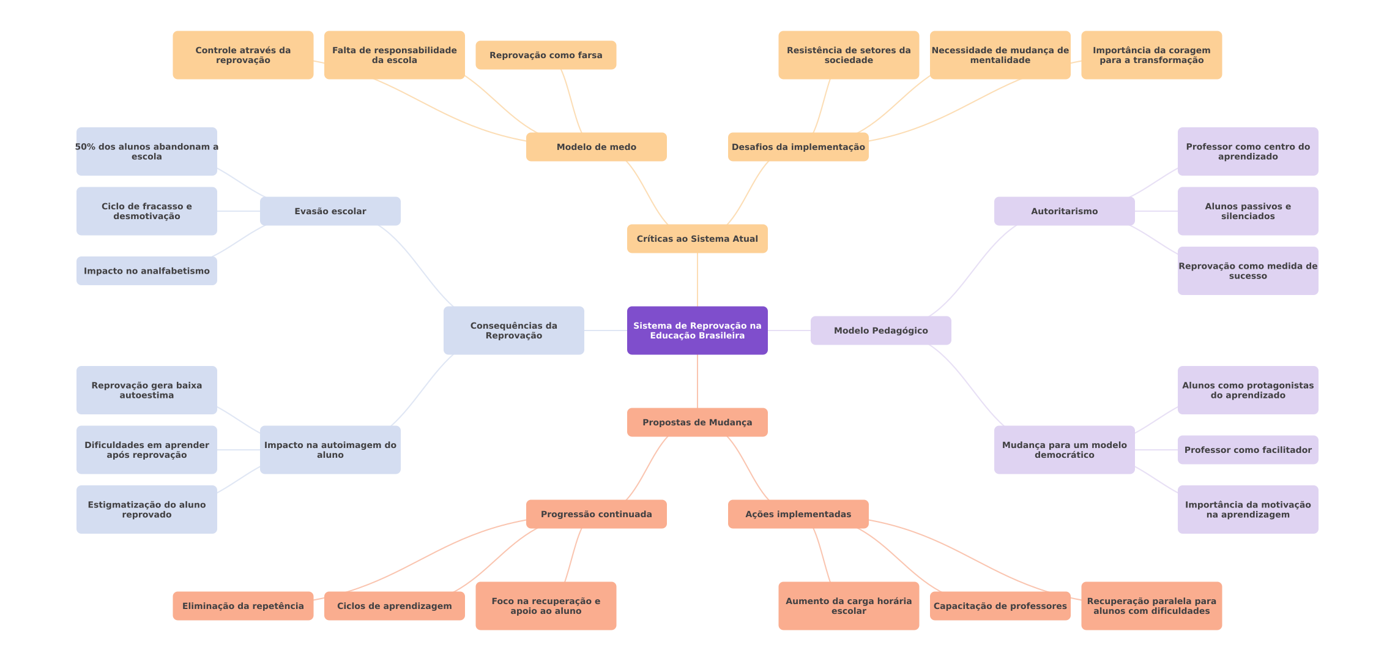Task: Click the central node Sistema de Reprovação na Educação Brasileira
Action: (697, 330)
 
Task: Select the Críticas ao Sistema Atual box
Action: (697, 239)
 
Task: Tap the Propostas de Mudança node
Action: (697, 422)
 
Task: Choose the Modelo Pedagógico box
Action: (880, 330)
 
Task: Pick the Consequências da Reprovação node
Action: (513, 330)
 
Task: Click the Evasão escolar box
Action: (330, 211)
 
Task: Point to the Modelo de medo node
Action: (596, 147)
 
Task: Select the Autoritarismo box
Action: (1064, 211)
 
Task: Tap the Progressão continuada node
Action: (596, 514)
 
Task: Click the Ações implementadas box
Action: (798, 514)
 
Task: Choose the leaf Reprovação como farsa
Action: (546, 55)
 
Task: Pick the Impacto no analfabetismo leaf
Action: (146, 271)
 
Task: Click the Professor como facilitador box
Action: (1248, 450)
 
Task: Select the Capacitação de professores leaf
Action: (1000, 606)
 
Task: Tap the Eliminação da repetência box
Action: (243, 606)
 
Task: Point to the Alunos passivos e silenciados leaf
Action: (1248, 211)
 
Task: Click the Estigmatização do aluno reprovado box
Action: (146, 509)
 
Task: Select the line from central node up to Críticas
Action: (697, 280)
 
